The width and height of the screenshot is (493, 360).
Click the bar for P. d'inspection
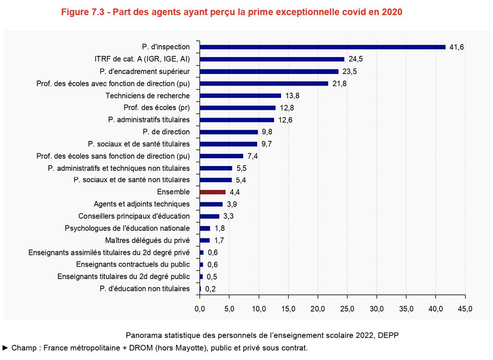[323, 47]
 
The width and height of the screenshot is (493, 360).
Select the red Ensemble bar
[212, 192]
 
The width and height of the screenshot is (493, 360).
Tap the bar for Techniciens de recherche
[240, 96]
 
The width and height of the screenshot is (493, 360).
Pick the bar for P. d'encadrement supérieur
[269, 72]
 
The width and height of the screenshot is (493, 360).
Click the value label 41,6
[456, 47]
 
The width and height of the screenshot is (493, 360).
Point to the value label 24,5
[355, 59]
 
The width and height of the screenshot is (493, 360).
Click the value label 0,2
[210, 289]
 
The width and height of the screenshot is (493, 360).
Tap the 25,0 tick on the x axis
[347, 309]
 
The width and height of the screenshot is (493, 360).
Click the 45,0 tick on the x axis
[465, 309]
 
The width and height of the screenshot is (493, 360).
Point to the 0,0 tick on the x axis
[200, 309]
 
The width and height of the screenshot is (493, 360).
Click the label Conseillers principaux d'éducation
[134, 216]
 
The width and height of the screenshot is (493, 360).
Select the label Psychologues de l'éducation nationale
[127, 228]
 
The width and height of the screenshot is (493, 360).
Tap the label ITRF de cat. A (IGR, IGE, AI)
[142, 59]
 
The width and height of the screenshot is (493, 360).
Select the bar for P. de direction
[228, 132]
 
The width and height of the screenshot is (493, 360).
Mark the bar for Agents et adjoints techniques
[211, 204]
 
